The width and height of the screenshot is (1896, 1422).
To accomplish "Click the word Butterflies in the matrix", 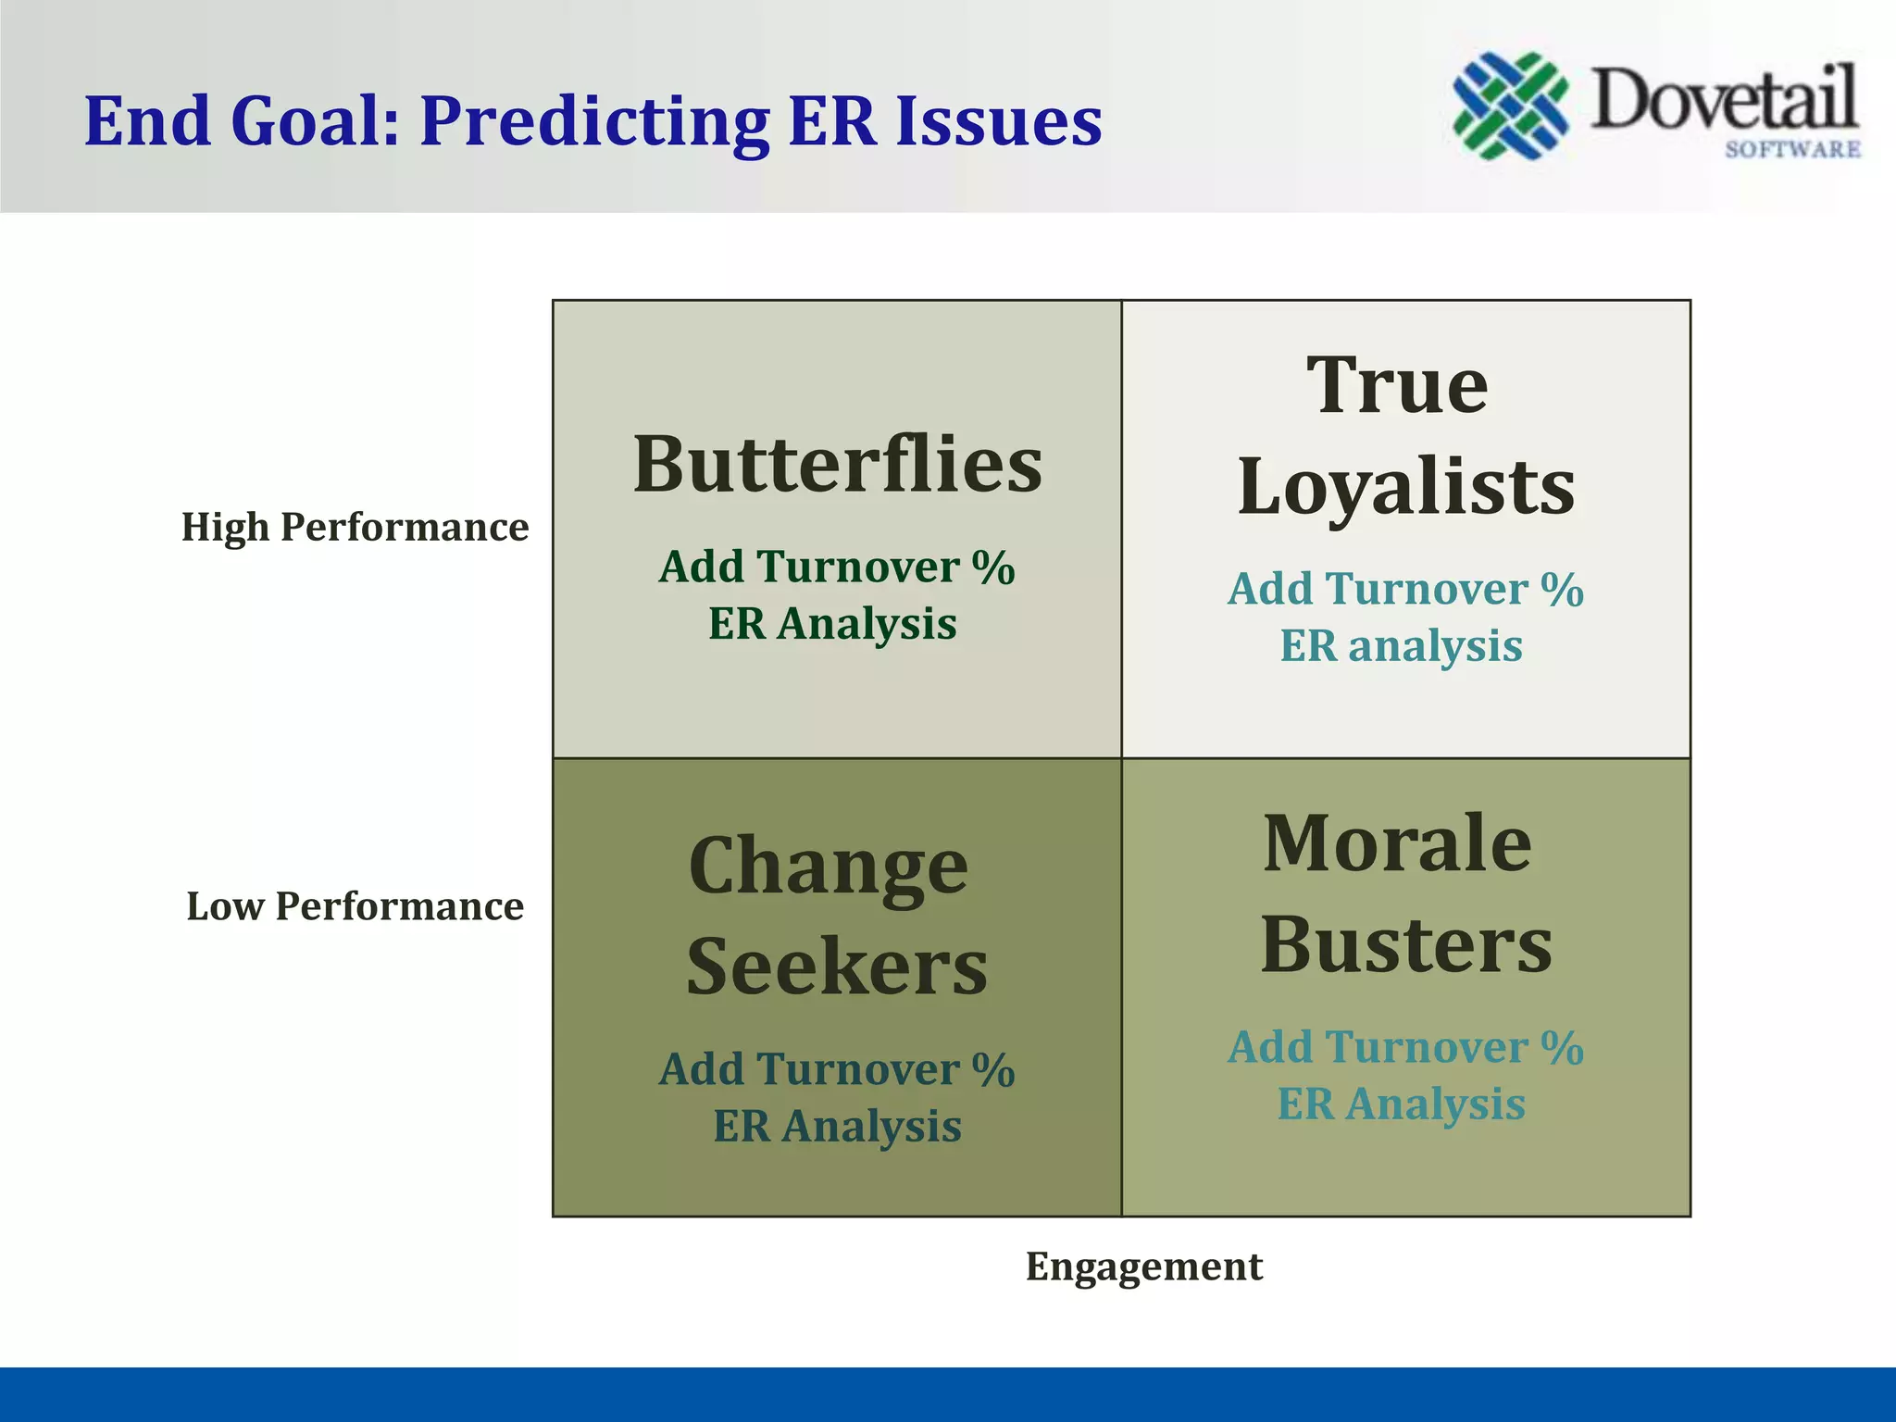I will [837, 465].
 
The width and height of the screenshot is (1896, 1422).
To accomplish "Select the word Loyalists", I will [1405, 488].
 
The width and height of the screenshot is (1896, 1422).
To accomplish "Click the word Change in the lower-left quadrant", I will [829, 867].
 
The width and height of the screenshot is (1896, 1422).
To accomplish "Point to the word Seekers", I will [837, 967].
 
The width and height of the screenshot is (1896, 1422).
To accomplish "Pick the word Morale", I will [1397, 843].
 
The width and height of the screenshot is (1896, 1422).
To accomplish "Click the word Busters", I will [1405, 946].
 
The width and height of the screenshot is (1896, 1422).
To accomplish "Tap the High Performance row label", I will [355, 527].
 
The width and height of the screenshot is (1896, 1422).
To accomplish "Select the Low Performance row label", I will [355, 906].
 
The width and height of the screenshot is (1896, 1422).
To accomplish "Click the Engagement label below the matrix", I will [1143, 1266].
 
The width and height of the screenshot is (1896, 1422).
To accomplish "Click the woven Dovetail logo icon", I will [1510, 105].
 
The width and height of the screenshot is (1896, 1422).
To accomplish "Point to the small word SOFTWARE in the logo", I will [1792, 149].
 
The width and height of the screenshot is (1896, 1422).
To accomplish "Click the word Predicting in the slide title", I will [594, 122].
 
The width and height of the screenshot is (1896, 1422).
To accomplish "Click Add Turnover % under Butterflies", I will [837, 568].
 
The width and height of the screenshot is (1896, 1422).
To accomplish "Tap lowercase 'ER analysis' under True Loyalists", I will [1401, 646].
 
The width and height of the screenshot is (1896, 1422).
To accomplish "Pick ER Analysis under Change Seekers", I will [837, 1127].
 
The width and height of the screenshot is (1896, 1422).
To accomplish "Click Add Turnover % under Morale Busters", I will [1405, 1048].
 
